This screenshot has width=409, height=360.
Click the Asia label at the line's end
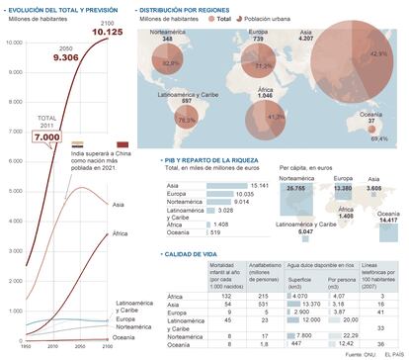[x=120, y=204]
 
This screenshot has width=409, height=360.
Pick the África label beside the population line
[x=121, y=233]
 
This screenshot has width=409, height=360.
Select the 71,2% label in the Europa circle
[x=262, y=65]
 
